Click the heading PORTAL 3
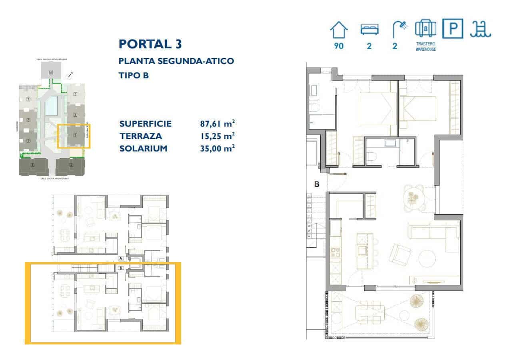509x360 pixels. click(x=150, y=44)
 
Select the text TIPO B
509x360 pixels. click(x=134, y=75)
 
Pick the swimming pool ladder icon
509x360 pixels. click(x=481, y=29)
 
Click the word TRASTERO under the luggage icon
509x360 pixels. click(x=425, y=44)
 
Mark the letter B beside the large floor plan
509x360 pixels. click(x=317, y=185)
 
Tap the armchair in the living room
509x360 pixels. click(x=400, y=254)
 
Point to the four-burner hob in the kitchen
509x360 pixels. click(x=335, y=253)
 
